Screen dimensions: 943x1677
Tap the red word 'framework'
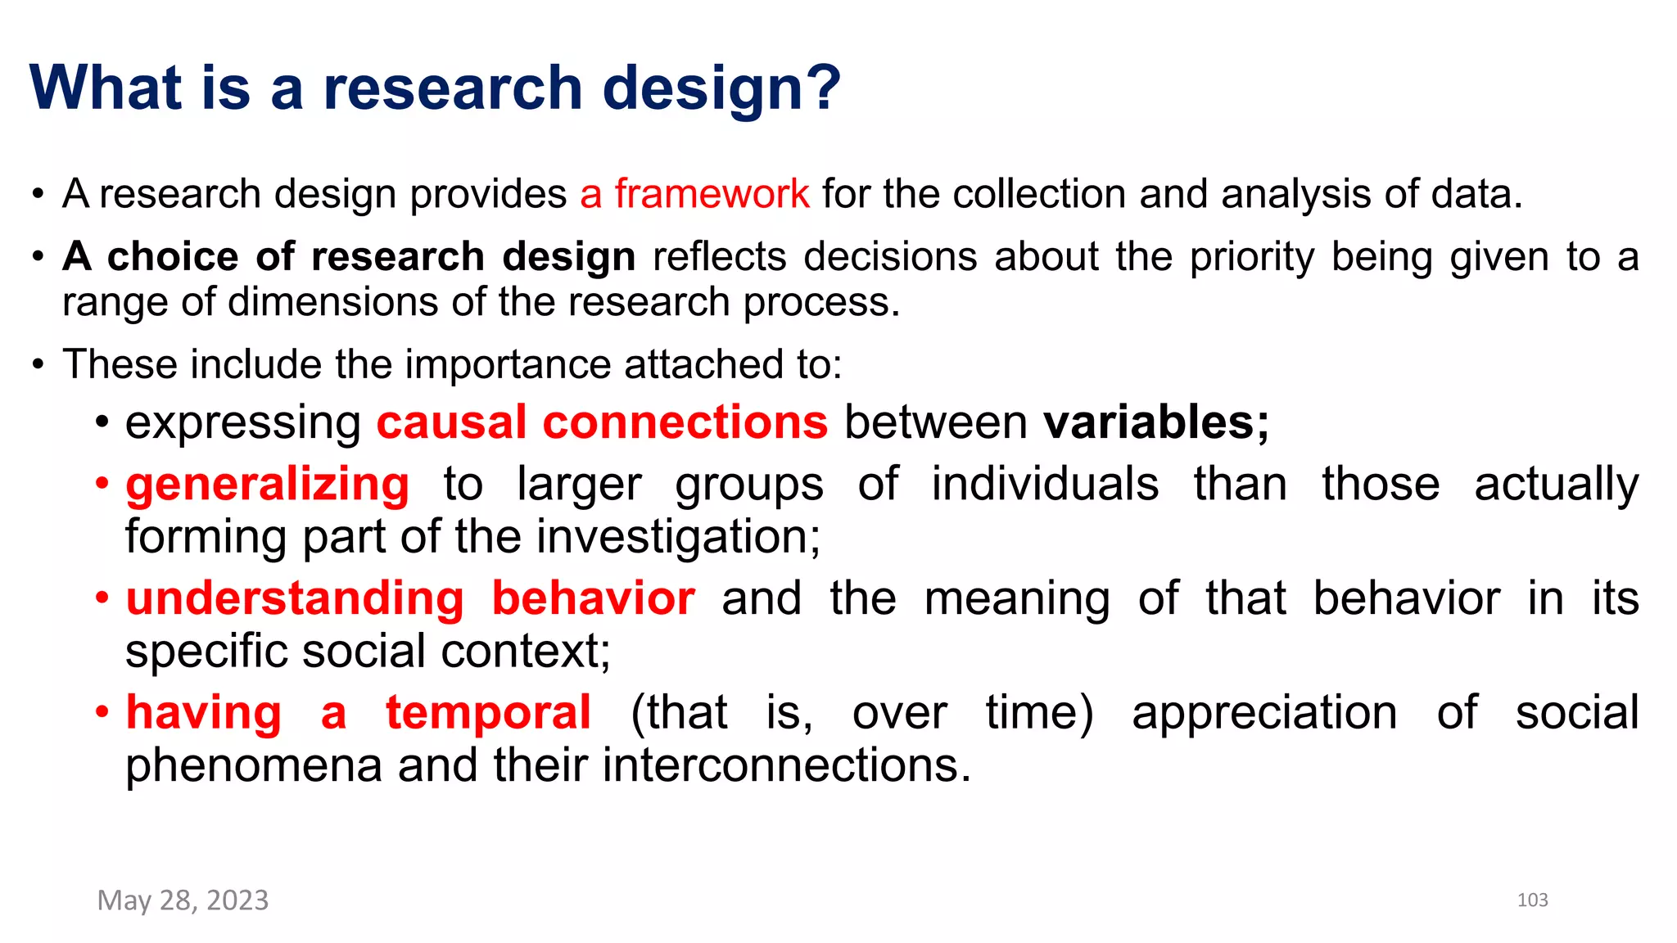coord(712,194)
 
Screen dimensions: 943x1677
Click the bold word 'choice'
coord(173,256)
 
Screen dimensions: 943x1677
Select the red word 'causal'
coord(451,422)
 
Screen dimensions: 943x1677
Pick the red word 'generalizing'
coord(267,484)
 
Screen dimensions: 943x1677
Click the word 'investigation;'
coord(679,537)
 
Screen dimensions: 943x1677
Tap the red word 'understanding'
coord(295,598)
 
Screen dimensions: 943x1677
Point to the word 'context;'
coord(526,652)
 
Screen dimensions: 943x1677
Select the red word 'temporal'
coord(488,712)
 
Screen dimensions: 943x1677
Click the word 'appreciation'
coord(1264,712)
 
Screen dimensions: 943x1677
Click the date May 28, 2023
coord(183,900)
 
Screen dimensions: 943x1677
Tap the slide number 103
coord(1532,900)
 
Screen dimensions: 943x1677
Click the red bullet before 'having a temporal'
coord(102,712)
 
